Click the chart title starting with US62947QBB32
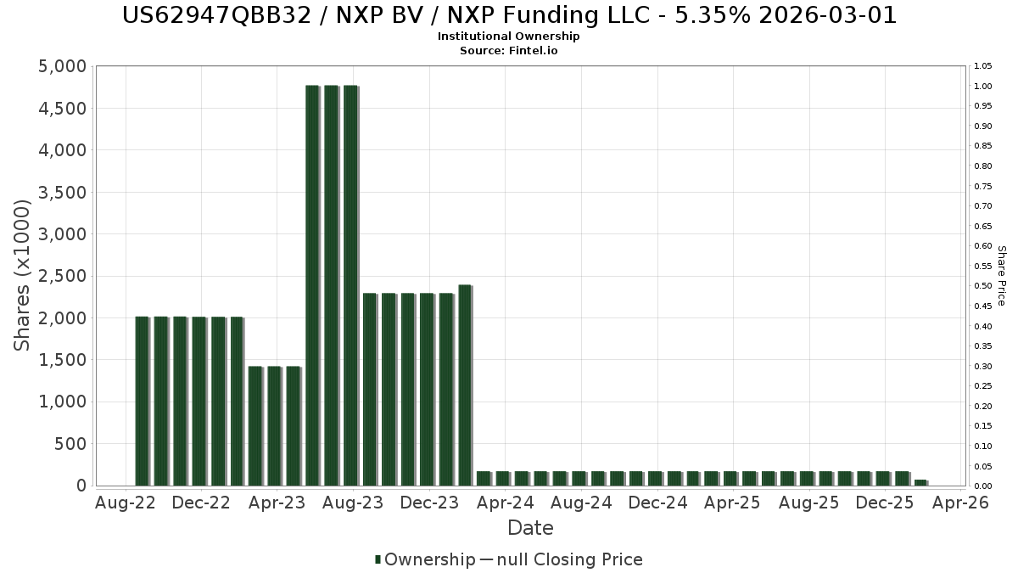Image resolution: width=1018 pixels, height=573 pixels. pyautogui.click(x=509, y=15)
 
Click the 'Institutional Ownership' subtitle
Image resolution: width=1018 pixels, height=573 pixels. pyautogui.click(x=509, y=37)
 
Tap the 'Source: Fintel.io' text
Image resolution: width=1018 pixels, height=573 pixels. pyautogui.click(x=509, y=51)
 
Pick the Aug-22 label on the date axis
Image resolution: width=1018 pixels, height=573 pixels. pyautogui.click(x=126, y=503)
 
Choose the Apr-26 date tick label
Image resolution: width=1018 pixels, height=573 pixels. pyautogui.click(x=960, y=503)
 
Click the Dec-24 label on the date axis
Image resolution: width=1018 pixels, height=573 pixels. pyautogui.click(x=657, y=503)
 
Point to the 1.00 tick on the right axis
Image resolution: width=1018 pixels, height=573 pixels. pyautogui.click(x=983, y=87)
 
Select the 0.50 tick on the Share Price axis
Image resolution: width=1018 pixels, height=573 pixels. pyautogui.click(x=983, y=286)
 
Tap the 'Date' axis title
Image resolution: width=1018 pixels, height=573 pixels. pyautogui.click(x=530, y=529)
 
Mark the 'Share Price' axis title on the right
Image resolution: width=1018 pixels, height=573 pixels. pyautogui.click(x=1001, y=276)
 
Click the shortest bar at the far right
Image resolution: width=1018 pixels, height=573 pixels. pyautogui.click(x=920, y=482)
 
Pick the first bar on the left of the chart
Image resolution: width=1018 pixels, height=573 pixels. pyautogui.click(x=142, y=401)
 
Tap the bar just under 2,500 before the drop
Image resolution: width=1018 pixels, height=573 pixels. pyautogui.click(x=464, y=385)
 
